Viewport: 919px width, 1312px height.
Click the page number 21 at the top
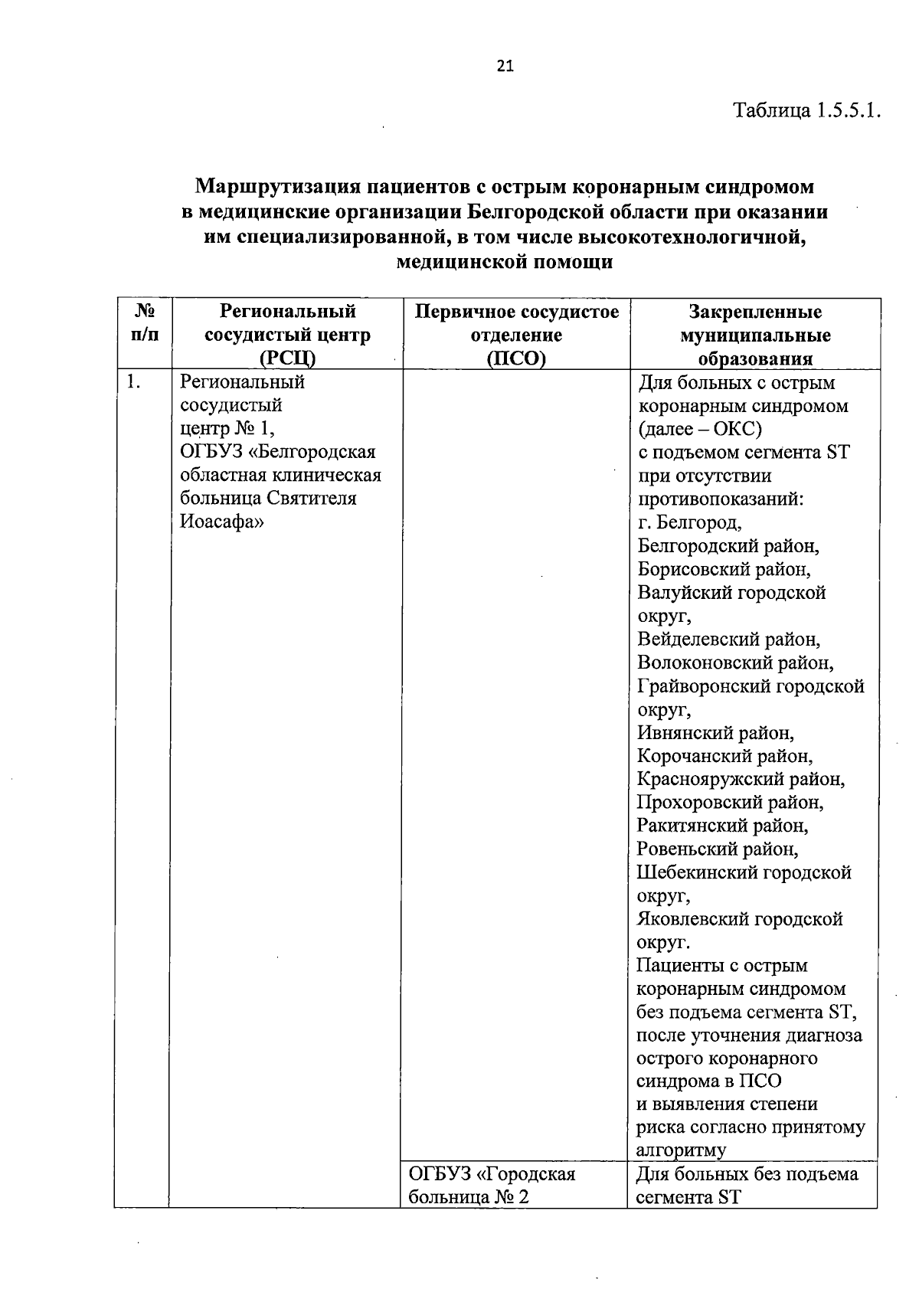coord(505,67)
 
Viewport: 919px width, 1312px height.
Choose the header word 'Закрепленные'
coord(754,312)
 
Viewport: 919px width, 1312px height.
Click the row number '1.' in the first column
coord(133,382)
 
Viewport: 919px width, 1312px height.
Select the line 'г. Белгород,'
coord(689,523)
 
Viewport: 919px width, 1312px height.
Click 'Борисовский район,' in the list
coord(724,570)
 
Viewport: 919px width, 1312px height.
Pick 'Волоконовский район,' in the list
coord(735,663)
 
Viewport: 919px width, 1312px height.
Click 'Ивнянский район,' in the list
coord(715,733)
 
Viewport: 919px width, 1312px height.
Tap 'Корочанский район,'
coord(724,757)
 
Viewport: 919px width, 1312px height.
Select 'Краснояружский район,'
coord(741,780)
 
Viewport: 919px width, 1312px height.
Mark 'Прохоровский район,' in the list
coord(730,803)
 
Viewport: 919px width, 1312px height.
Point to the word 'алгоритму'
coord(681,1150)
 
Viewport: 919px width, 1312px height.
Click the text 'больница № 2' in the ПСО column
coord(469,1197)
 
